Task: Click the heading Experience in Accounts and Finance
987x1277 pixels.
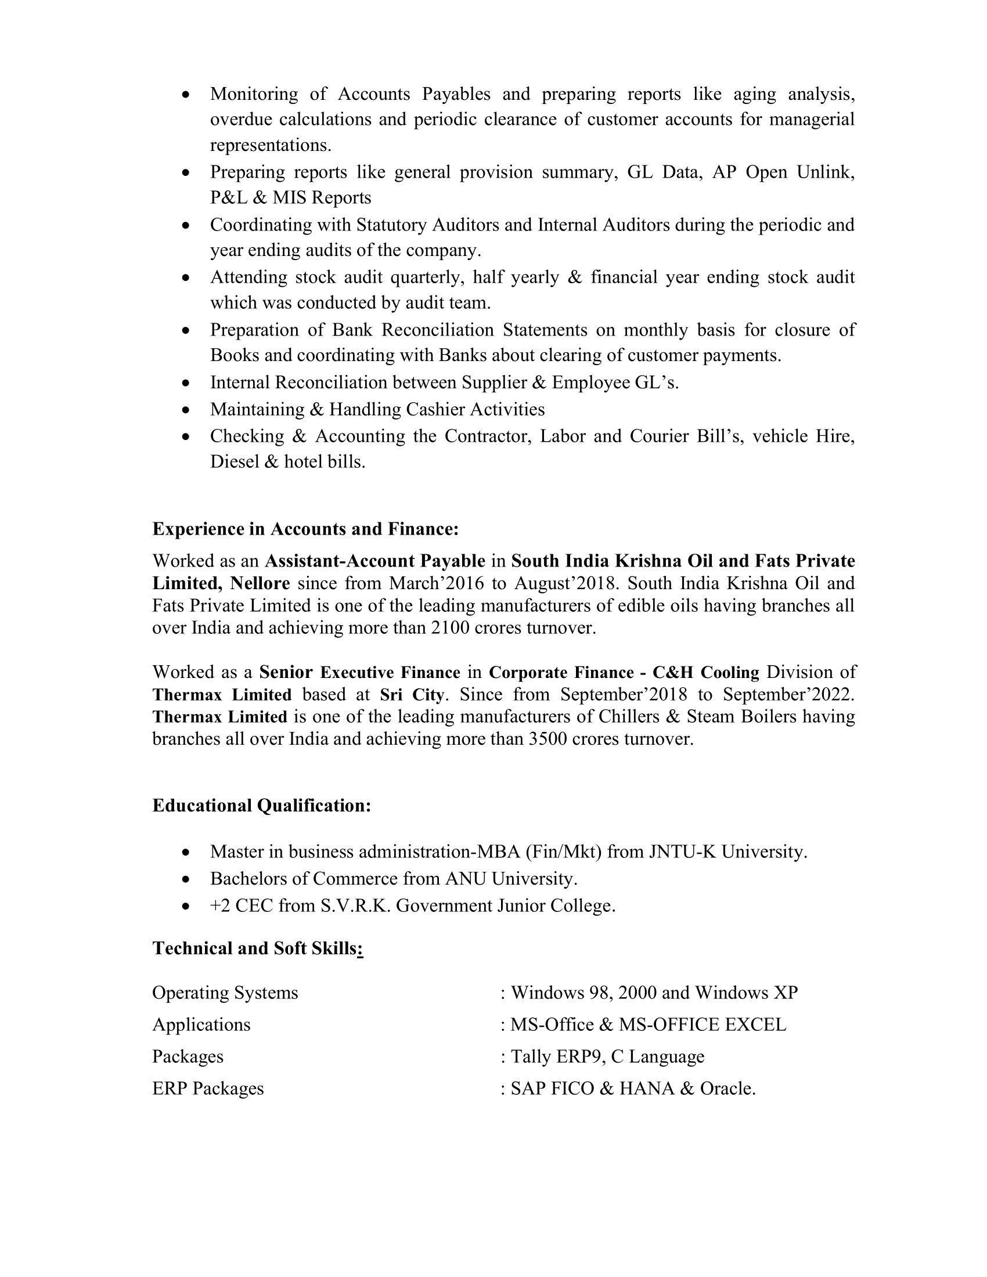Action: tap(305, 529)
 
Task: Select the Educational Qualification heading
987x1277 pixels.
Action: tap(261, 806)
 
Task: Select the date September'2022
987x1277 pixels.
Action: tap(789, 695)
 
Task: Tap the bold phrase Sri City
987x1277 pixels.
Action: tap(412, 695)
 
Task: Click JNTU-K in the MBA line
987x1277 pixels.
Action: tap(682, 852)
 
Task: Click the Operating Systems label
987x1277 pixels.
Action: tap(225, 993)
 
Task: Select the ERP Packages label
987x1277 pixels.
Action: tap(208, 1089)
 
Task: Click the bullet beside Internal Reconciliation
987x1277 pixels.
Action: tap(186, 384)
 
